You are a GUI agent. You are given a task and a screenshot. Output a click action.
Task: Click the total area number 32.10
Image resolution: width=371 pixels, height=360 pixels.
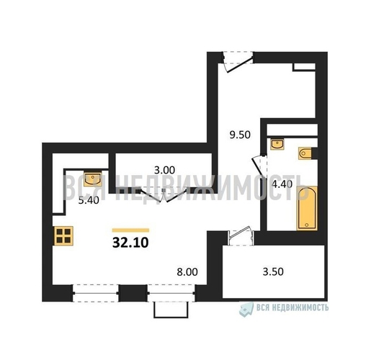[x=130, y=243]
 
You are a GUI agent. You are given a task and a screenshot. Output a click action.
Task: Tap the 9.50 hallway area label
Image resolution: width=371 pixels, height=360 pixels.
[x=240, y=135]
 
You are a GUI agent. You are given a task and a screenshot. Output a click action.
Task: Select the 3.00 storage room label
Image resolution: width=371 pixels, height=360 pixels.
[x=164, y=170]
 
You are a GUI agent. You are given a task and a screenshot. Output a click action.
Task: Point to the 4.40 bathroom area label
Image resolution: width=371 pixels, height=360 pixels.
[x=282, y=184]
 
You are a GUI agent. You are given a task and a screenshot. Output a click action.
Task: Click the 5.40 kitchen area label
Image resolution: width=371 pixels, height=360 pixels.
[x=89, y=200]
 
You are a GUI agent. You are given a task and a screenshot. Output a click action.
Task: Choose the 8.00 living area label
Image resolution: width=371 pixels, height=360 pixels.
[x=187, y=272]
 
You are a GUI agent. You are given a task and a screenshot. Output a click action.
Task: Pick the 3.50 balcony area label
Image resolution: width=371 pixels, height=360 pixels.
[x=273, y=271]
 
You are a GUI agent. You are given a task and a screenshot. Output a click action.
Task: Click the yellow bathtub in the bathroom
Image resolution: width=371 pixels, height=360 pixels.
[x=307, y=208]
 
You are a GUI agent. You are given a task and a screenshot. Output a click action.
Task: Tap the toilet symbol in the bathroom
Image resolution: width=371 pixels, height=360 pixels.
[x=305, y=153]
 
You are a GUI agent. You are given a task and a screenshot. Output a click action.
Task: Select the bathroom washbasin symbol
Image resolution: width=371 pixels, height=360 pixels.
[x=277, y=144]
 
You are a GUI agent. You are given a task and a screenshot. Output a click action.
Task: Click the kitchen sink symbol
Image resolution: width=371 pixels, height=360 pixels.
[x=93, y=179]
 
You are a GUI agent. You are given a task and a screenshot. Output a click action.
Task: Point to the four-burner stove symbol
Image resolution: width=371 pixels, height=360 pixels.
[x=63, y=235]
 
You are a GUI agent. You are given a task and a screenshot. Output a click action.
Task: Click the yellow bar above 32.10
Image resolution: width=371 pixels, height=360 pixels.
[x=130, y=230]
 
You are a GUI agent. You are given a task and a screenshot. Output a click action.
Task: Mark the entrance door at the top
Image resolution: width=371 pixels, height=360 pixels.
[x=237, y=62]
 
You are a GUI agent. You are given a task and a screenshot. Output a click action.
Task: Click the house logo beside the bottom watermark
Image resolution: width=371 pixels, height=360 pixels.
[x=246, y=309]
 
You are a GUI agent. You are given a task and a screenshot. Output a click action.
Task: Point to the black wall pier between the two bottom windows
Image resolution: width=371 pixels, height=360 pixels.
[x=133, y=293]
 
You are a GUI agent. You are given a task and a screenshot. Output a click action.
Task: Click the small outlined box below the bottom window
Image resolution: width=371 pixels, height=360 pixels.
[x=171, y=310]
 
